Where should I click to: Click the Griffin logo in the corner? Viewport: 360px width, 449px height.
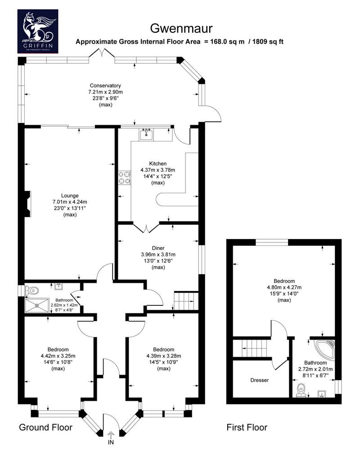click(x=38, y=31)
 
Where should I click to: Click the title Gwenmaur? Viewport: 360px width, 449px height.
click(x=181, y=28)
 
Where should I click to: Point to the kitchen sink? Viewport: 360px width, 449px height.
click(x=146, y=134)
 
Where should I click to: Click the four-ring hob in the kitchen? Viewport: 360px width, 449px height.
click(x=125, y=177)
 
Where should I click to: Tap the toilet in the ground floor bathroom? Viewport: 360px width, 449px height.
click(x=31, y=290)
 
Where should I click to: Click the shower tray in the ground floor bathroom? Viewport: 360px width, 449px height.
click(x=37, y=305)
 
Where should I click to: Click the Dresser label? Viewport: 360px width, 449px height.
click(x=260, y=380)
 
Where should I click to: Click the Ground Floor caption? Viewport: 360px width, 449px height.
click(x=45, y=427)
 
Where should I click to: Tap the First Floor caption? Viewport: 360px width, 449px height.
click(x=247, y=427)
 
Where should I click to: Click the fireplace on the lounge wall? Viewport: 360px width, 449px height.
click(x=27, y=204)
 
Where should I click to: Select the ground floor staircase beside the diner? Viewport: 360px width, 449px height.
click(x=186, y=301)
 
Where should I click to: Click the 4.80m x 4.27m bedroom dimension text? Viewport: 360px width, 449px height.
click(x=284, y=287)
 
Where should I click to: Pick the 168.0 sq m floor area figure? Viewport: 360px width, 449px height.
click(x=228, y=41)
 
